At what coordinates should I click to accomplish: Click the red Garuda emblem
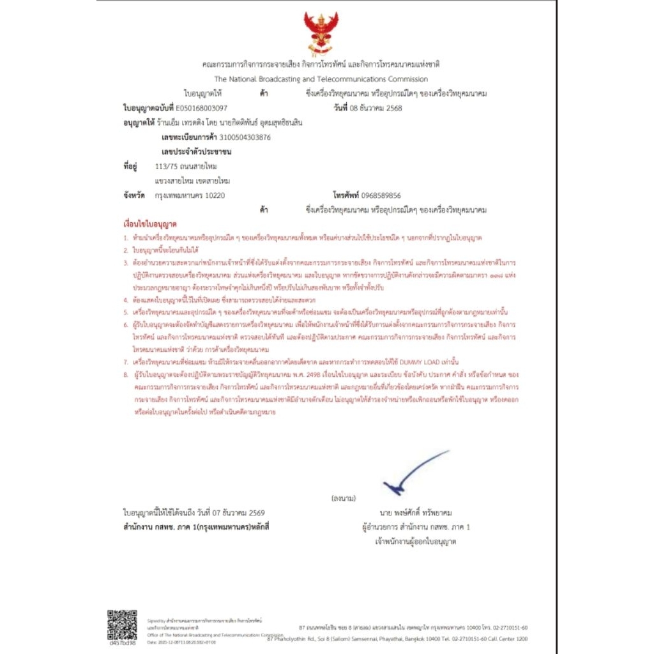click(321, 32)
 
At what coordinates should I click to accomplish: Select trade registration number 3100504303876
click(245, 137)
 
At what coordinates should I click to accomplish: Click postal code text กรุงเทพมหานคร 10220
click(190, 195)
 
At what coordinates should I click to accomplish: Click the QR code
click(122, 625)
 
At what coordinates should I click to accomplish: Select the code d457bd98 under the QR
click(122, 644)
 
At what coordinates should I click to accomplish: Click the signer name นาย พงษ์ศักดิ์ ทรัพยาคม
click(415, 513)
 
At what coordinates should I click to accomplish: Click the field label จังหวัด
click(136, 195)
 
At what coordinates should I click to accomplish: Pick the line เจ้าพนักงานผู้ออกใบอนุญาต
click(415, 542)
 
